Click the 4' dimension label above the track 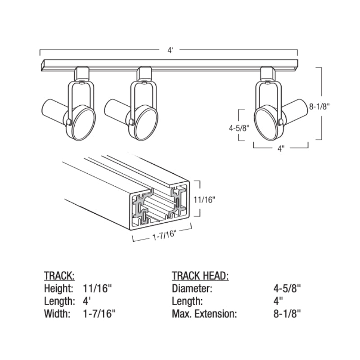pos(170,50)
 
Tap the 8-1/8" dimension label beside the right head pos(319,107)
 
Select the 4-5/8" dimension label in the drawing pos(239,128)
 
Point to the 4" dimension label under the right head pos(281,148)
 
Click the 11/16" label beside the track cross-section pos(204,200)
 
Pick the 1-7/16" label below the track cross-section pos(164,235)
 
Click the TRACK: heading pos(59,275)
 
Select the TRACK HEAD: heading pos(200,275)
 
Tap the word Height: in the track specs pos(58,288)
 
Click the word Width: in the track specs pos(57,314)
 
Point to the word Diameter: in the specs pos(192,288)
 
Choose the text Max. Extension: pos(204,314)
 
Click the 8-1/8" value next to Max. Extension pos(287,314)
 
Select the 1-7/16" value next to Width pos(99,314)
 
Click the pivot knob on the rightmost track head pos(280,122)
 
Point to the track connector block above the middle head pos(144,73)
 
